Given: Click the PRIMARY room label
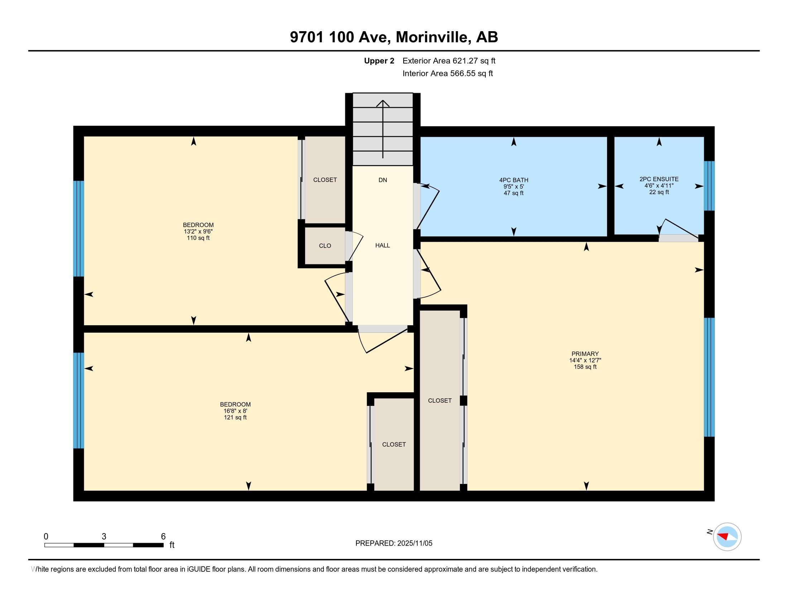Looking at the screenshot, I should pos(585,354).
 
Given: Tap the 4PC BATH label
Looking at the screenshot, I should pos(513,180).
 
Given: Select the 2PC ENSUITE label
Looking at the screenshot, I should pos(659,179).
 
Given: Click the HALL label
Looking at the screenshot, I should pos(383,245).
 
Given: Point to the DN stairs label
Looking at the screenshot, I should pos(383,180).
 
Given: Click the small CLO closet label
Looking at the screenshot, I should pos(325,246).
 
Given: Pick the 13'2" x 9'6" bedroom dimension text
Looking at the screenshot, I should pos(198,232).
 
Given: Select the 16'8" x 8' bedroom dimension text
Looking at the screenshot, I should pos(235,411).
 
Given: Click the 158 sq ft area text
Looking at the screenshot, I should pos(585,367).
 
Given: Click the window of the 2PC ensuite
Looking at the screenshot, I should pos(709,186).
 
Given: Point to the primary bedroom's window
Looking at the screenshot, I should pos(709,377).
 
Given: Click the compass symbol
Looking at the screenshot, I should pos(727,537).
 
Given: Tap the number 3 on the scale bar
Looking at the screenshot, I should pos(104,537).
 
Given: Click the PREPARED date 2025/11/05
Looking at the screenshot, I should pos(414,543).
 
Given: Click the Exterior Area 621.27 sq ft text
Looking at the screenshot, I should pos(449,61).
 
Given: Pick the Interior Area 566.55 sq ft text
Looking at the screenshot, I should pos(447,73).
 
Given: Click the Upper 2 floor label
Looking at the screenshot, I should pos(379,61).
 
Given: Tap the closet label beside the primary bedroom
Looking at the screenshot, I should pos(439,401).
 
